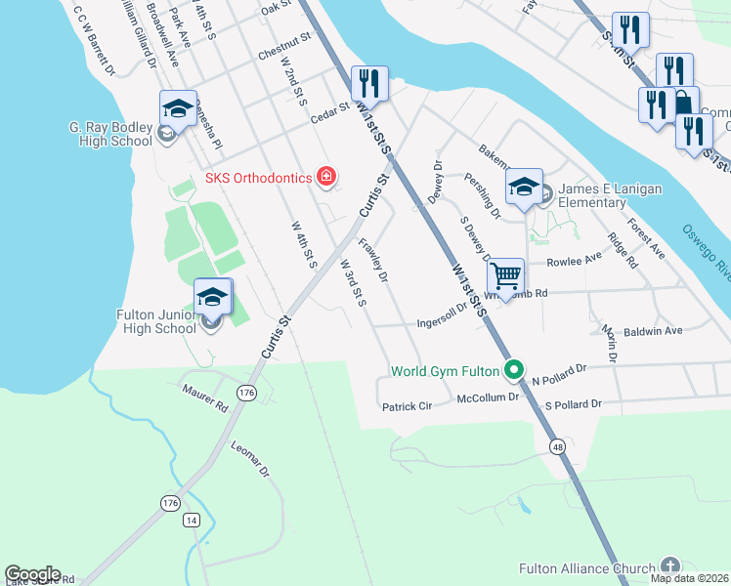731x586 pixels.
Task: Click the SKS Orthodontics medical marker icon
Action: (x=326, y=177)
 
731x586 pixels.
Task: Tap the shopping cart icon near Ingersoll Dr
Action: (x=505, y=276)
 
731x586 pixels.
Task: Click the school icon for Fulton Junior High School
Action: (x=212, y=297)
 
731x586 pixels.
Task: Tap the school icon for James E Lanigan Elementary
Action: (x=524, y=186)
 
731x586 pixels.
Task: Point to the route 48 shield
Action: (x=557, y=446)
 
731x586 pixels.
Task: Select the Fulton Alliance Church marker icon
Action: (x=669, y=565)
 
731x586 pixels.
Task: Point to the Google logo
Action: (x=33, y=574)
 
